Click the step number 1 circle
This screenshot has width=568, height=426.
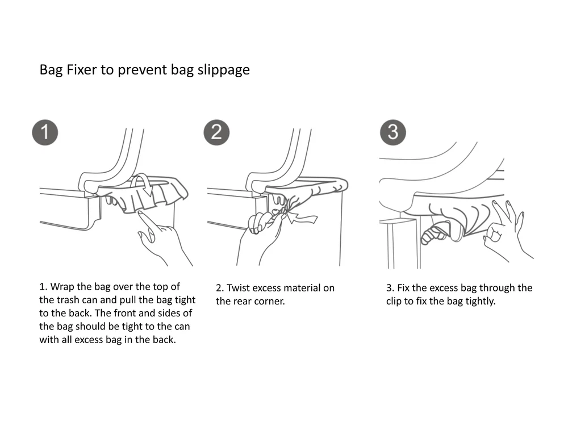[45, 132]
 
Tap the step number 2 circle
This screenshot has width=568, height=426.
[216, 132]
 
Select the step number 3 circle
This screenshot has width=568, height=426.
[392, 132]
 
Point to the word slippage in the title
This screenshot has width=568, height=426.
[223, 70]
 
